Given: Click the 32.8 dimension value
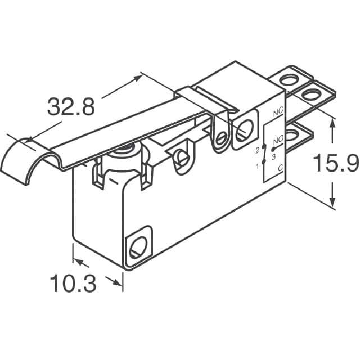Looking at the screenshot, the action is pos(71,106).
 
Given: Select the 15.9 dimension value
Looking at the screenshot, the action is pos(336,163).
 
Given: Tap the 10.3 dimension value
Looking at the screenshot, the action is pos(73,283).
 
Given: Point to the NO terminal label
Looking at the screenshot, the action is pos(278,139).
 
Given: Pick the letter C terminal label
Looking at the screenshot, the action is pos(280,168).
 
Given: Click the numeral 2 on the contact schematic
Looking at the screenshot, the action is pos(258,151).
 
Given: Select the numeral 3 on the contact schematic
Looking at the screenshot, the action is pos(273,157).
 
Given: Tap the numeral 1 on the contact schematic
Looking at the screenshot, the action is pos(258,166).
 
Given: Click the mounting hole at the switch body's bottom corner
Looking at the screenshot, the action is pos(138,247).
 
